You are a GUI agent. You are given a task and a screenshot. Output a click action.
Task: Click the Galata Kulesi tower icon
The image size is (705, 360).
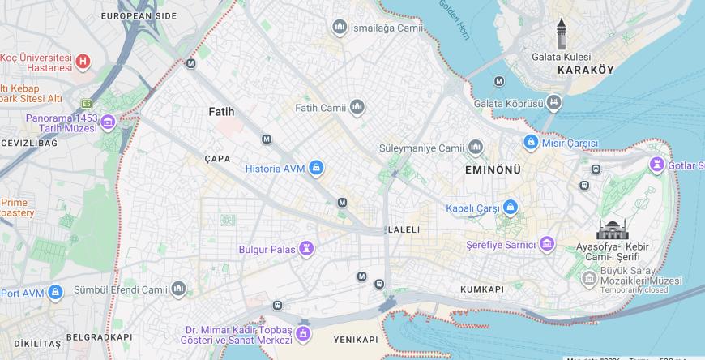pyautogui.click(x=561, y=35)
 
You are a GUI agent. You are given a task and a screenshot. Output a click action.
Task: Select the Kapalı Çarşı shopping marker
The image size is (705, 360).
pyautogui.click(x=510, y=208)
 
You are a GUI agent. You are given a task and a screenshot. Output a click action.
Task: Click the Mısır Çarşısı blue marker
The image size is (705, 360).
pyautogui.click(x=530, y=142)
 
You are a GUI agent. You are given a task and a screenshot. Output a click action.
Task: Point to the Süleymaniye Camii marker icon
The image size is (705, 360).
pyautogui.click(x=476, y=148)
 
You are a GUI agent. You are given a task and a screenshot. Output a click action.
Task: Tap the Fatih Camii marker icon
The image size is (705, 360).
pyautogui.click(x=357, y=107)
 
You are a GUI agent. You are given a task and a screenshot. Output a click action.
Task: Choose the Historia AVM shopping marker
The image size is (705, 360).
pyautogui.click(x=316, y=168)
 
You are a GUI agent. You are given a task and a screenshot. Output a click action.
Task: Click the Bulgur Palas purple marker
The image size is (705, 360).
pyautogui.click(x=306, y=248)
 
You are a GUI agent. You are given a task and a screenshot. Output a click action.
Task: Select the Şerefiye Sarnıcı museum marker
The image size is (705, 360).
pyautogui.click(x=547, y=244)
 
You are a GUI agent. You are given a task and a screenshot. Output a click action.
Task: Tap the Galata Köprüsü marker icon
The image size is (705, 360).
pyautogui.click(x=553, y=103)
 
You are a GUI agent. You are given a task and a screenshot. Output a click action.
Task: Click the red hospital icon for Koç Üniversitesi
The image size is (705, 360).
pyautogui.click(x=82, y=62)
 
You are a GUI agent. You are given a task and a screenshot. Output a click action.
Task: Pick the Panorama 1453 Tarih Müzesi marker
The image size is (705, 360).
pyautogui.click(x=108, y=122)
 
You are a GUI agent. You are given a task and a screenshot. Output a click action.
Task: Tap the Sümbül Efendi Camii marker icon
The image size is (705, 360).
pyautogui.click(x=178, y=289)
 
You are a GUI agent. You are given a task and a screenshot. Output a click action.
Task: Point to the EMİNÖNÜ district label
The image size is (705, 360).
pyautogui.click(x=493, y=169)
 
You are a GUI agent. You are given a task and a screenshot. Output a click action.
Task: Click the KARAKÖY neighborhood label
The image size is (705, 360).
pyautogui.click(x=585, y=71)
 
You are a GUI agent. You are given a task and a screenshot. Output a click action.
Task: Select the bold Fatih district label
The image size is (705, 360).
pyautogui.click(x=221, y=111)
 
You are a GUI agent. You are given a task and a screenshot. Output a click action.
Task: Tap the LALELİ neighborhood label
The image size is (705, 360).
pyautogui.click(x=404, y=229)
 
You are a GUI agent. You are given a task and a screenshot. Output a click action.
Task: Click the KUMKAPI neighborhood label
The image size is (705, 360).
pyautogui.click(x=482, y=289)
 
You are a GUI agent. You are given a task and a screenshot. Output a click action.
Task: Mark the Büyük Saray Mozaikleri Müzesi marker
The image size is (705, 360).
pyautogui.click(x=589, y=279)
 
